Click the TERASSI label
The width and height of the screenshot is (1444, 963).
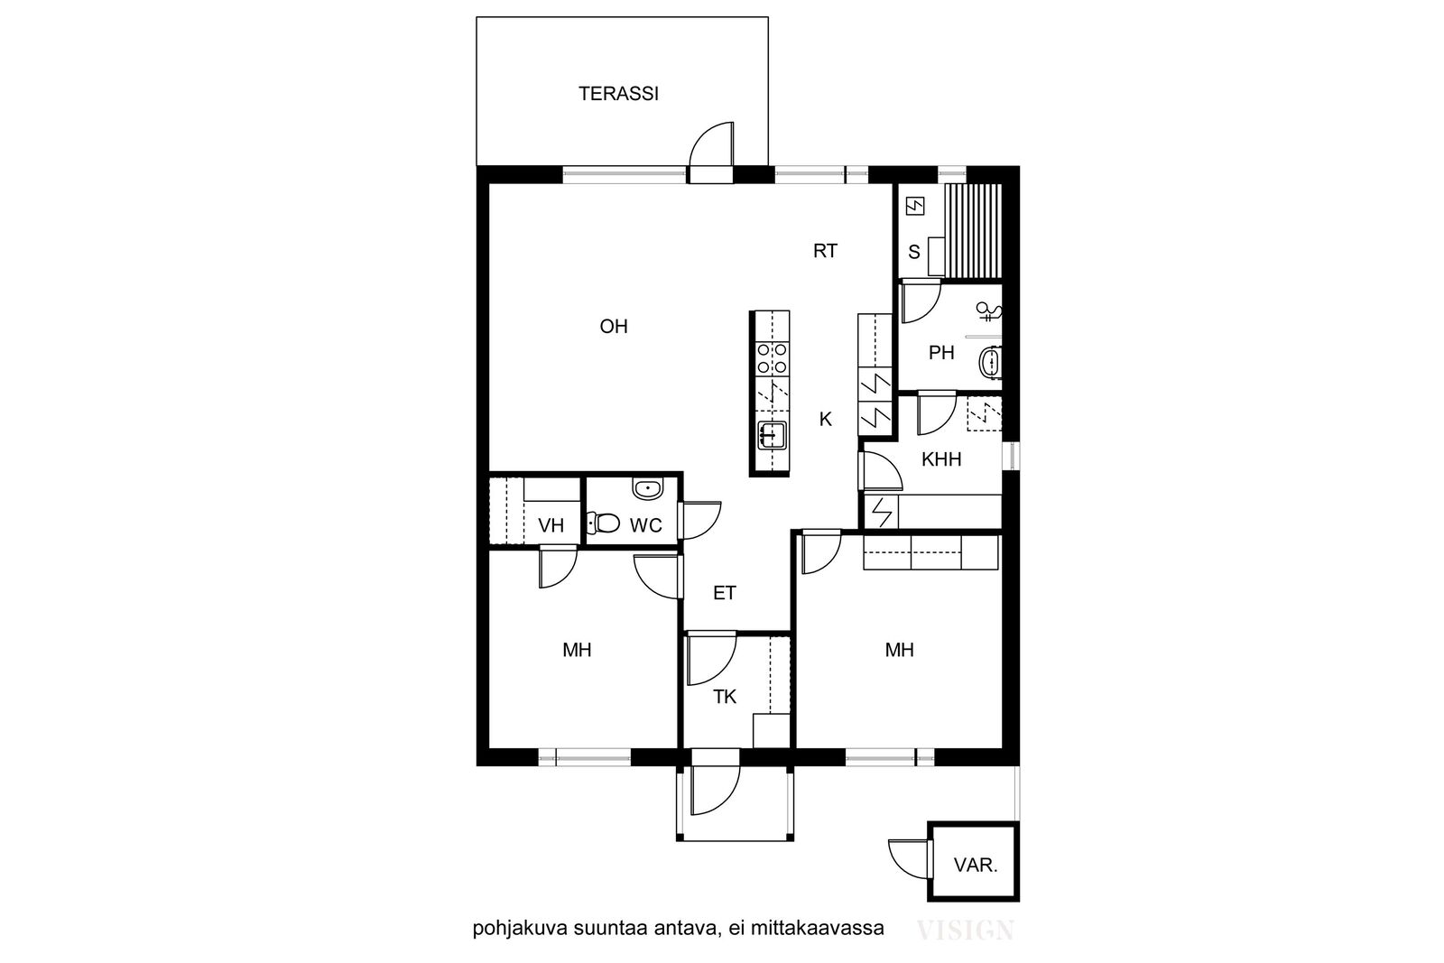618,94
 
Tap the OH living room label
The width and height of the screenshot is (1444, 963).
614,327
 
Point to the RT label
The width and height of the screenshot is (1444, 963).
825,251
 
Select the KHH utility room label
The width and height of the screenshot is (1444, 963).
941,459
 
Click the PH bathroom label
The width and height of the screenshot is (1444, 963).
941,353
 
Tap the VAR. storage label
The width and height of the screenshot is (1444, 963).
976,865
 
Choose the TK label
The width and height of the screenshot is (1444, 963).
725,697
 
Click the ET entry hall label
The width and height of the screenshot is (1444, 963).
725,593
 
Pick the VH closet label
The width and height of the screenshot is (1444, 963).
551,526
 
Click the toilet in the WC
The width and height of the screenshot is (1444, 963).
603,523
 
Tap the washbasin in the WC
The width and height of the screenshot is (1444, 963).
647,489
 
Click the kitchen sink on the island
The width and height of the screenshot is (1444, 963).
772,435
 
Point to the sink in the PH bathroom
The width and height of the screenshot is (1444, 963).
989,362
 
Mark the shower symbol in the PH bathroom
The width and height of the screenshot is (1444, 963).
988,312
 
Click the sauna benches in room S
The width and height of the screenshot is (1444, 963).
974,230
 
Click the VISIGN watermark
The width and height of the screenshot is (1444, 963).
965,931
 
